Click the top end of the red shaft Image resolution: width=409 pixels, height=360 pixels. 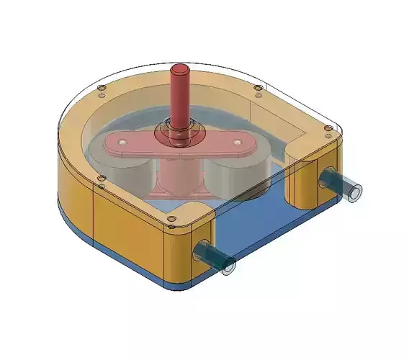[179, 70]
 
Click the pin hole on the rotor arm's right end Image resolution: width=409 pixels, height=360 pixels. [239, 143]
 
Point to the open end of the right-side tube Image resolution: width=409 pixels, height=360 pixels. [354, 194]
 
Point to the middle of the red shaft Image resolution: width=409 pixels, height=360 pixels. [179, 101]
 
